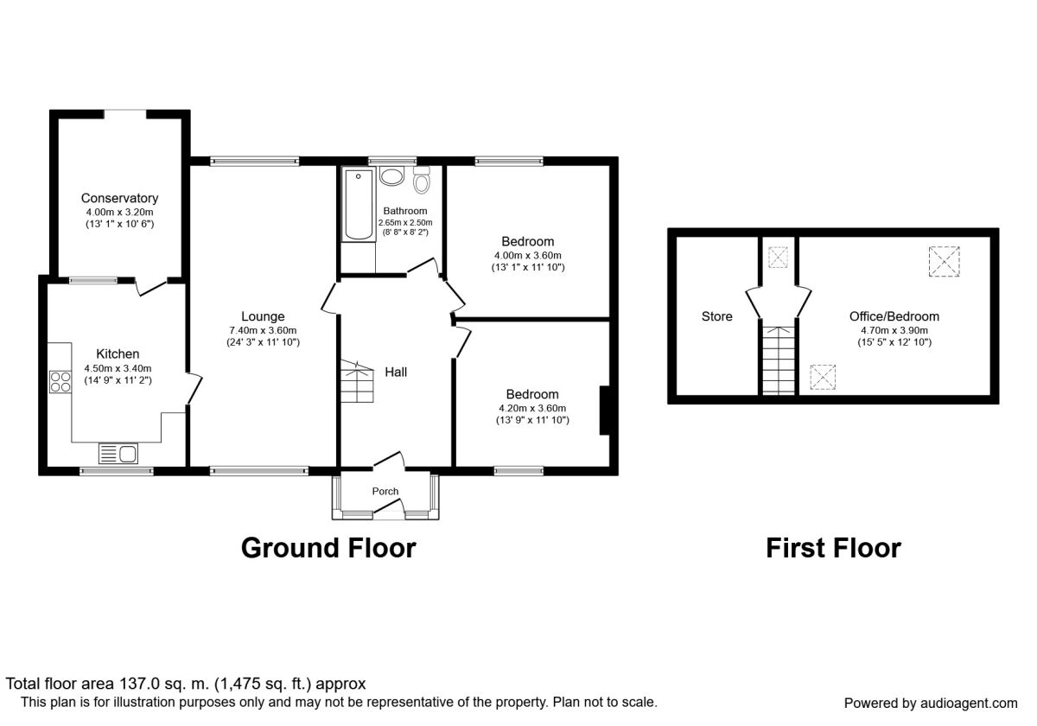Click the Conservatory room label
[x=119, y=198]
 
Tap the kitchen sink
[x=118, y=453]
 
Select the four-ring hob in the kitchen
[x=60, y=381]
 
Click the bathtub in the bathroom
[x=357, y=206]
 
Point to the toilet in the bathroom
[x=422, y=181]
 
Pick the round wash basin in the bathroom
[x=391, y=177]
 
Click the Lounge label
[x=263, y=316]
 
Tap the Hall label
[x=396, y=372]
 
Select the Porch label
[x=385, y=491]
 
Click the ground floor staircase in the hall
[x=356, y=383]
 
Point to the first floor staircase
[x=778, y=356]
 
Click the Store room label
[x=716, y=316]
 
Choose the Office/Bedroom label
[x=894, y=316]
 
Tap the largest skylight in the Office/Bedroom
[x=944, y=262]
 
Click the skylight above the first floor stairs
[x=778, y=257]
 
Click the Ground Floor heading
[x=328, y=548]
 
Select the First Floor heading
[x=833, y=548]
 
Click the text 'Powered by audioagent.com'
[x=931, y=703]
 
